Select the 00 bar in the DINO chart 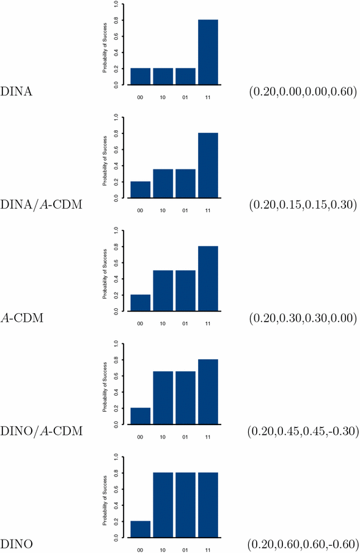pos(141,529)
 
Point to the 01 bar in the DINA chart pos(186,76)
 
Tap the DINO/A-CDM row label pos(42,431)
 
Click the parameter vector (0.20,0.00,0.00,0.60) pos(303,92)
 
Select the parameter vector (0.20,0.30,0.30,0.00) pos(303,318)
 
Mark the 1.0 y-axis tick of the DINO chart pos(116,456)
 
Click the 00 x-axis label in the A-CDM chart pos(141,322)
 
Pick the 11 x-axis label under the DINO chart pos(208,549)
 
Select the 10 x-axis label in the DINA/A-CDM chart pos(163,209)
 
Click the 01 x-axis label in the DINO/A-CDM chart pos(186,436)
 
